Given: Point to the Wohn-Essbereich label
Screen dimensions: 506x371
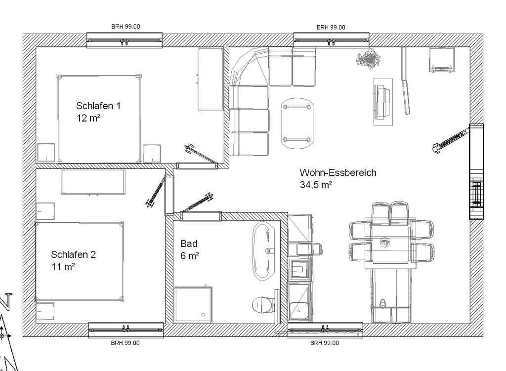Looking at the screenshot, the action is tap(338, 172).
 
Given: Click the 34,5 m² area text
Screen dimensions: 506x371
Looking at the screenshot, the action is tap(316, 185).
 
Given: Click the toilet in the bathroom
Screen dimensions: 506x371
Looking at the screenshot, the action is tap(262, 305).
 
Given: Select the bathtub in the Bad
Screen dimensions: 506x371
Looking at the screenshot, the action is tap(264, 250).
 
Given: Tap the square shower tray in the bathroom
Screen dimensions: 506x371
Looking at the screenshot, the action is tap(193, 304).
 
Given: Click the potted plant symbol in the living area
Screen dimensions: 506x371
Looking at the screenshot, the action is tap(368, 59).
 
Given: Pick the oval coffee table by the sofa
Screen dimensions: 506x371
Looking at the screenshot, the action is tap(297, 123).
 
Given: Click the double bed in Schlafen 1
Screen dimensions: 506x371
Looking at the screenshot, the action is tap(99, 119).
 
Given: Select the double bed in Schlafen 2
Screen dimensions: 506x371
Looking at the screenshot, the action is tap(80, 261).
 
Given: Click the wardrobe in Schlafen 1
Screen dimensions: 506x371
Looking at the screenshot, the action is tap(211, 80).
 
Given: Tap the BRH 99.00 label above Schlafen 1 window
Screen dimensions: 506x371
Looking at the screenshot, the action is tap(126, 27).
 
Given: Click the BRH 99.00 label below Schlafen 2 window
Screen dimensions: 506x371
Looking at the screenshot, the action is tap(125, 343).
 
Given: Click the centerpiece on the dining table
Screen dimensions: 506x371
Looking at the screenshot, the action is tap(384, 242).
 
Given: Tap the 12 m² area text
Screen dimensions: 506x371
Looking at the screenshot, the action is tap(88, 118).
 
